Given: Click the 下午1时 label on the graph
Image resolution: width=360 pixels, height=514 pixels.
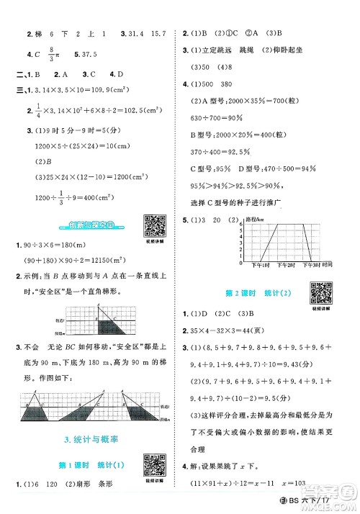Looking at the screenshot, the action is (253, 265).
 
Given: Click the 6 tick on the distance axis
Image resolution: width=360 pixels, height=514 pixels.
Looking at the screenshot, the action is (241, 224).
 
